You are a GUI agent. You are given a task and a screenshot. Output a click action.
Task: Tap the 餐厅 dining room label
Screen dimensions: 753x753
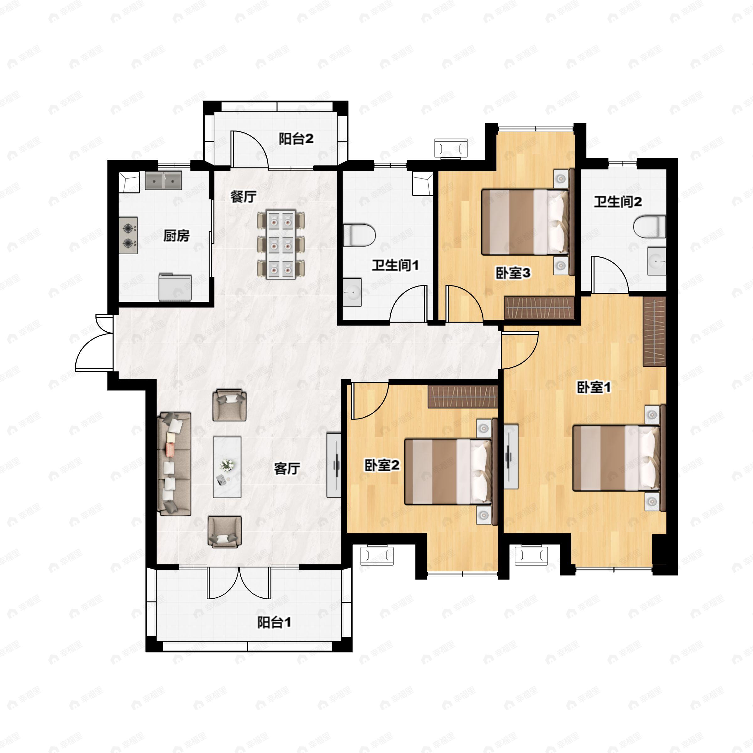coord(243,196)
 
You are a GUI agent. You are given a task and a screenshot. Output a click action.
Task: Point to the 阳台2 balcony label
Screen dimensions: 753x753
coord(296,139)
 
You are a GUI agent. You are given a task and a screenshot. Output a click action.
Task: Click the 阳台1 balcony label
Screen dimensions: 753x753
coord(274,622)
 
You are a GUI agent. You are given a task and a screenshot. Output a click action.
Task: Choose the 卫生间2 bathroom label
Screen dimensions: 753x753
coord(618,202)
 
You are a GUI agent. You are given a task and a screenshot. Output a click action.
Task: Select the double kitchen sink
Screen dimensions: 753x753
coord(163,180)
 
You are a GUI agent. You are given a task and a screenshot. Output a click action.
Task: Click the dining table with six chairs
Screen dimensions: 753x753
coord(280,244)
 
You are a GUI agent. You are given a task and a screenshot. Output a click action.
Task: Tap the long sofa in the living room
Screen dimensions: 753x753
coord(174,464)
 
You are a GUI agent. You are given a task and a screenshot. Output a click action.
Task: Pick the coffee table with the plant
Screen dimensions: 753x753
coord(227,467)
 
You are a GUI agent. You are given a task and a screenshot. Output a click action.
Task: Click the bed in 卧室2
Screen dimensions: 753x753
coord(451,472)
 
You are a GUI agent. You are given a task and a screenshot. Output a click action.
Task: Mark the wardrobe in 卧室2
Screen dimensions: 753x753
coord(463,397)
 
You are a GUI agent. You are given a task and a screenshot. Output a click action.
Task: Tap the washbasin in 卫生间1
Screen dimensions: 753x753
coord(352,292)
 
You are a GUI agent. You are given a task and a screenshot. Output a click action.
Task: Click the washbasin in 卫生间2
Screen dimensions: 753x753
coord(657,260)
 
